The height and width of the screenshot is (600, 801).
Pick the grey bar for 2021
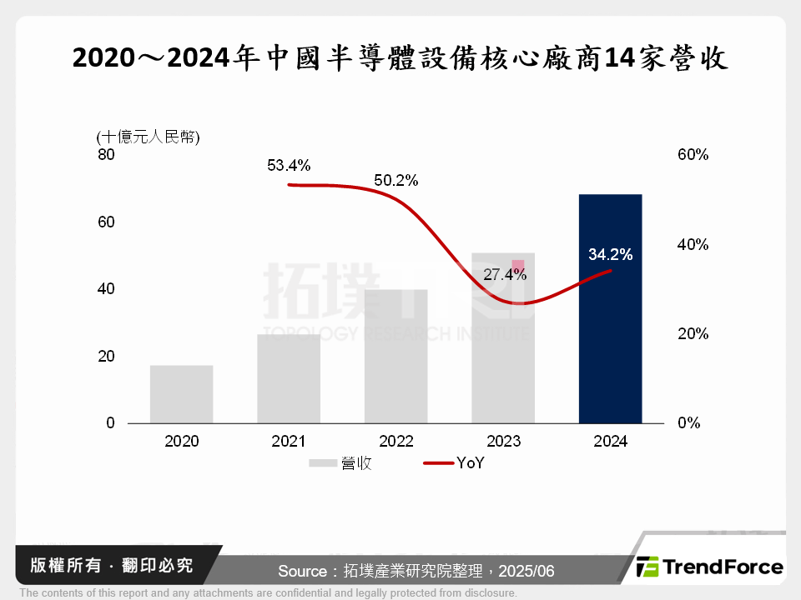(289, 378)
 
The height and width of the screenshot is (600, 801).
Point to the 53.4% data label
(289, 165)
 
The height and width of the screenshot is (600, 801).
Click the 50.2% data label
(396, 180)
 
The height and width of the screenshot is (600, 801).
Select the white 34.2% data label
(610, 254)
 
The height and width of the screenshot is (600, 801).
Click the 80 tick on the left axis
(107, 155)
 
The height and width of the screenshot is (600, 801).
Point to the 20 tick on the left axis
(107, 356)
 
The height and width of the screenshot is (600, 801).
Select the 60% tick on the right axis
(692, 155)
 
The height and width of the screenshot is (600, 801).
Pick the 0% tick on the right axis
(688, 422)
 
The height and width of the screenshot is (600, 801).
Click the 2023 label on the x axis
(503, 442)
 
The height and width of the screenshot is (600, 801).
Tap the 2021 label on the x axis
(289, 442)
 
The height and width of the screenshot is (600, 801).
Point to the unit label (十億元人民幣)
(148, 137)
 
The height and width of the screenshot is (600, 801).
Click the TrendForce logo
(710, 567)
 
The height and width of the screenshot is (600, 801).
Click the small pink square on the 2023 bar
(518, 266)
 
